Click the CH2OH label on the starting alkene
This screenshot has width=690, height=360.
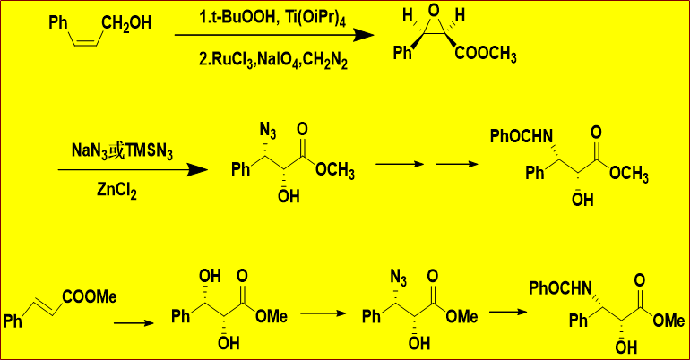click(x=126, y=24)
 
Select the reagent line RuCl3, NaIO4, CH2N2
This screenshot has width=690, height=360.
click(x=272, y=59)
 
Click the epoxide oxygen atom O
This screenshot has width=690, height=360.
click(x=434, y=11)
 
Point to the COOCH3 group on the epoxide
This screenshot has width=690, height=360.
click(x=486, y=55)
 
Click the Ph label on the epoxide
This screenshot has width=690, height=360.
click(x=402, y=53)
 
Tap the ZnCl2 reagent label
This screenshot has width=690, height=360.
click(x=116, y=192)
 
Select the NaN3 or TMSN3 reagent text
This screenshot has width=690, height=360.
click(x=123, y=151)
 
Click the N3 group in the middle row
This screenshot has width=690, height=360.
click(x=268, y=131)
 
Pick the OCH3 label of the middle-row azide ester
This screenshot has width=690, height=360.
click(x=335, y=170)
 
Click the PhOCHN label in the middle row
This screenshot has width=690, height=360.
click(x=522, y=136)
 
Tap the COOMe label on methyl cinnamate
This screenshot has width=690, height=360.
click(x=90, y=296)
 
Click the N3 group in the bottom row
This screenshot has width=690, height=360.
click(x=399, y=278)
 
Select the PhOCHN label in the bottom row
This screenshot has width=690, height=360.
click(x=561, y=288)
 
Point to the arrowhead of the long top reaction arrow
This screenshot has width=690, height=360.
click(x=364, y=35)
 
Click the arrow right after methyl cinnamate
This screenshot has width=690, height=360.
click(x=134, y=323)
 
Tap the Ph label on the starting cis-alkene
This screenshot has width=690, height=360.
click(x=58, y=22)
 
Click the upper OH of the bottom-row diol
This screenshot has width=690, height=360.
click(x=210, y=276)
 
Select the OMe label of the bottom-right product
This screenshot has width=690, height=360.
click(x=668, y=321)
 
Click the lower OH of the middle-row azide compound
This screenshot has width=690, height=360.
click(x=289, y=196)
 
